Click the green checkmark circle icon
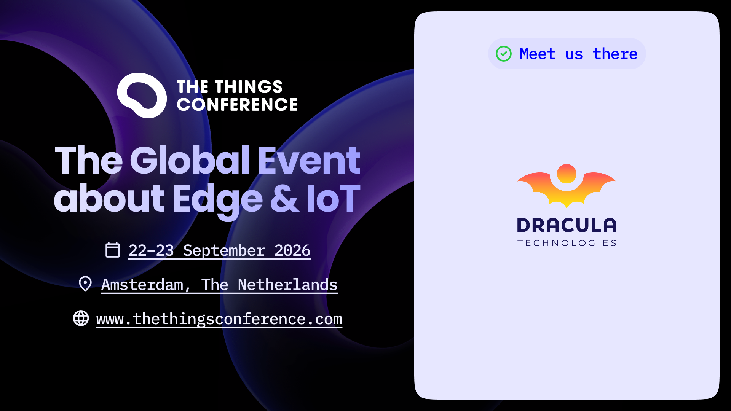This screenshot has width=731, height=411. coord(504,54)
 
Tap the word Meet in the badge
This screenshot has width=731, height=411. coord(537,54)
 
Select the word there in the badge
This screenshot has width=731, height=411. coord(615,54)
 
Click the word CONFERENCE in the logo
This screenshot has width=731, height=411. coord(237,105)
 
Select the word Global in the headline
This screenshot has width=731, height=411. coord(190,160)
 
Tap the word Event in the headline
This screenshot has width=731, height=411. coord(309,160)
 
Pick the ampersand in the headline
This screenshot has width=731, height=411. coord(284,198)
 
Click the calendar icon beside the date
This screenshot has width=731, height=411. coord(113,250)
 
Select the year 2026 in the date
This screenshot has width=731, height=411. coord(292,250)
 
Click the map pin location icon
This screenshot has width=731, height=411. coord(85,284)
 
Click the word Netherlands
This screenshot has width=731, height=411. coord(288,285)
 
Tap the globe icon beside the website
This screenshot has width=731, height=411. coord(81,318)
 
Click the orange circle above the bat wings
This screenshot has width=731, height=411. coord(567,174)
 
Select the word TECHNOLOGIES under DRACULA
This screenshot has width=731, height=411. coord(567,243)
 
